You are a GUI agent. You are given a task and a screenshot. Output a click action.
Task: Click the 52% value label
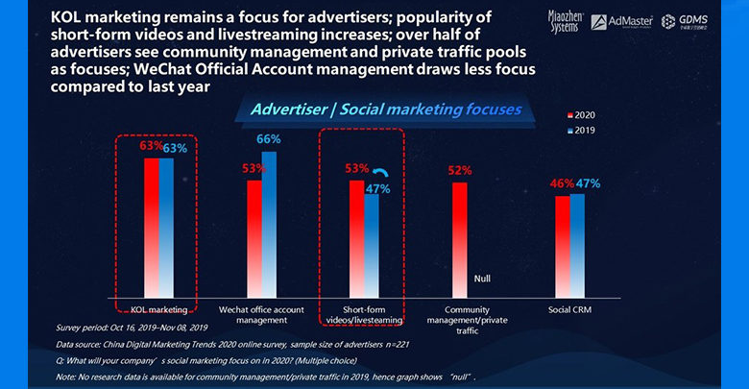(x=460, y=171)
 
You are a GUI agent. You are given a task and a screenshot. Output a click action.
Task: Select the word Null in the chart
(x=483, y=278)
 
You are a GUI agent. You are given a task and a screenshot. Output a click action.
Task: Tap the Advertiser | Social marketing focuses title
(x=384, y=109)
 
